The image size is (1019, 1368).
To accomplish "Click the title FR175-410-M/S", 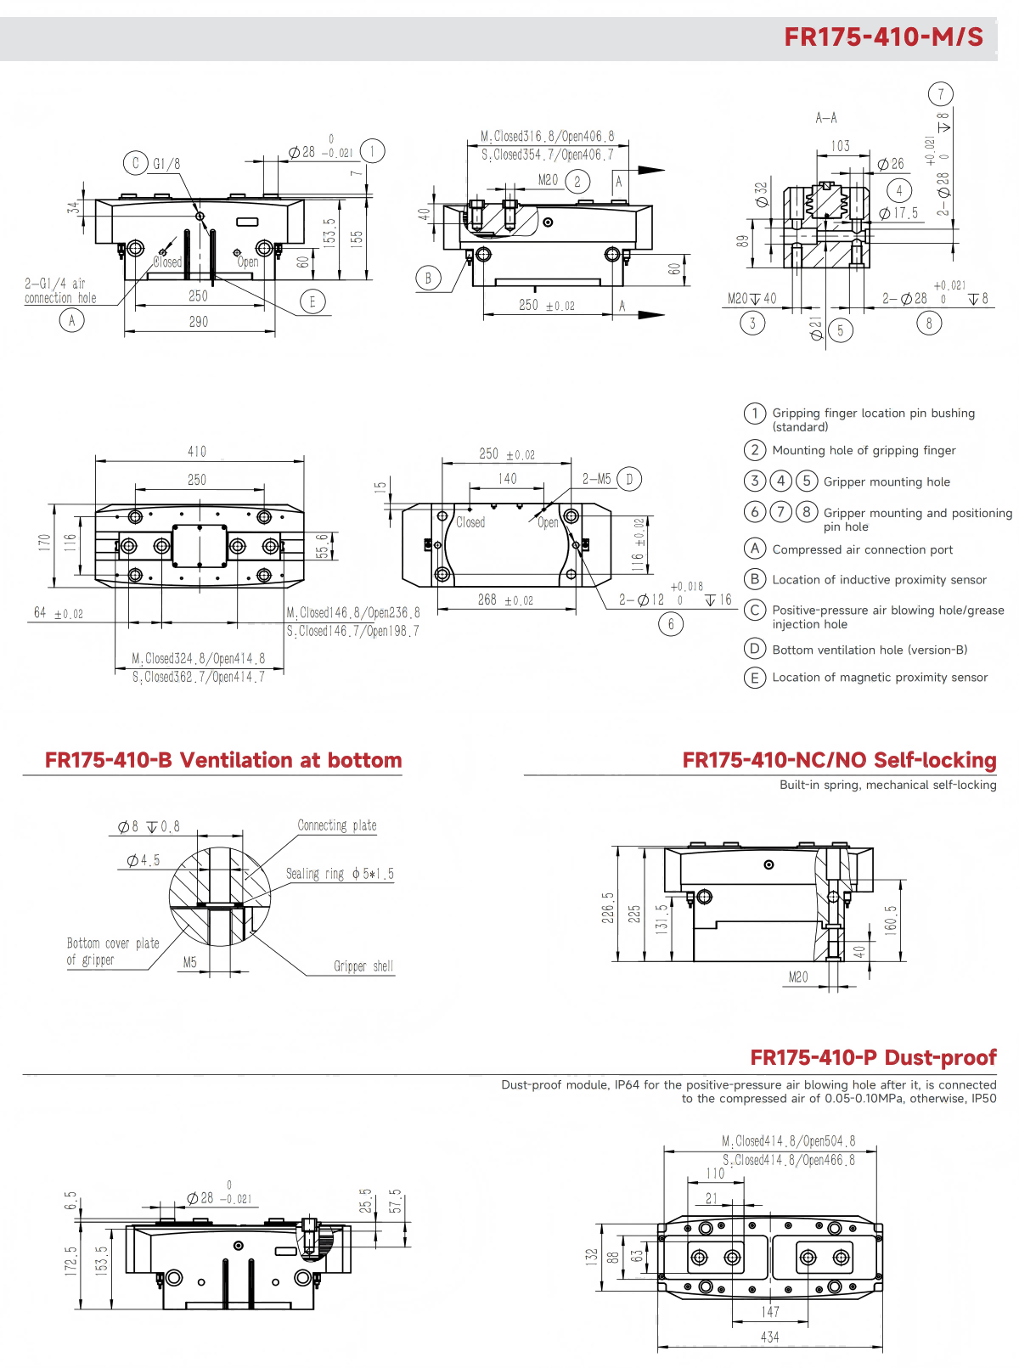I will click(x=883, y=37).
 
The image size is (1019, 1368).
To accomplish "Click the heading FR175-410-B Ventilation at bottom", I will click(x=223, y=760).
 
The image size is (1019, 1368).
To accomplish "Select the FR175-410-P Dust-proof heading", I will click(x=873, y=1057).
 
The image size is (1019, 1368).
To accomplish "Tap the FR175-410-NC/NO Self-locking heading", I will click(x=839, y=760).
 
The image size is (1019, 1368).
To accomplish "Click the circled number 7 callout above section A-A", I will click(x=940, y=94).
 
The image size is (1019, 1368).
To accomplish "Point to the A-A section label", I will click(x=825, y=118).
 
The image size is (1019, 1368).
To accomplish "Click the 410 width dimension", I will click(x=197, y=452).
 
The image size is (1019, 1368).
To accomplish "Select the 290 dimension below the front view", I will click(x=198, y=322).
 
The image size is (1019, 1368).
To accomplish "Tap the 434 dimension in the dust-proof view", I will click(x=769, y=1337).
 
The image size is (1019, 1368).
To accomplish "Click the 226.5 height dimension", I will click(x=608, y=907).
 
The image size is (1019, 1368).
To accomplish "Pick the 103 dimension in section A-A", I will click(x=840, y=146).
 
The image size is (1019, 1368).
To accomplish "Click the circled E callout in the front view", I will click(x=312, y=301).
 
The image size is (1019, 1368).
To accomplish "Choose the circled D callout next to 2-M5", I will click(x=629, y=479).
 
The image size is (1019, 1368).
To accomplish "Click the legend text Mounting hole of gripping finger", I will click(x=864, y=450).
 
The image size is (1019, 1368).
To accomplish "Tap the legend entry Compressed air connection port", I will click(x=862, y=549).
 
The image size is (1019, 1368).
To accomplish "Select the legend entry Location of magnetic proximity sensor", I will click(x=880, y=677).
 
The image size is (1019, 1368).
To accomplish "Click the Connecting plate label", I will click(x=336, y=825).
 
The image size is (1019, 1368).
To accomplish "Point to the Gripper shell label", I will click(x=363, y=966).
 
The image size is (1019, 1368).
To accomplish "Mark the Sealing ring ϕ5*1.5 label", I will click(x=340, y=874).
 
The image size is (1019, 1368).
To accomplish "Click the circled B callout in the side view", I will click(x=428, y=278).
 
